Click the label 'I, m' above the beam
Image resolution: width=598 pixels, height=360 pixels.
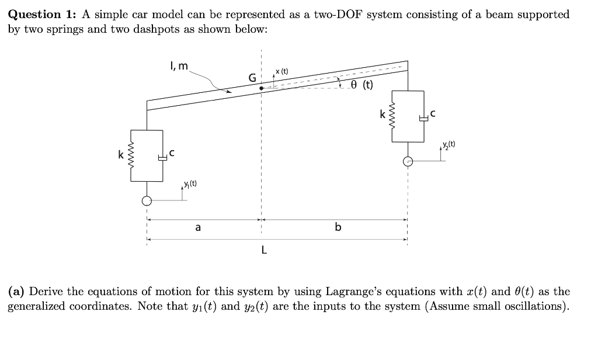pyautogui.click(x=179, y=66)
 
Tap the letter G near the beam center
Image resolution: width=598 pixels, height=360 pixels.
pyautogui.click(x=252, y=78)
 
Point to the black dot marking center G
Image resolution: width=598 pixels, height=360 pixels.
pyautogui.click(x=262, y=88)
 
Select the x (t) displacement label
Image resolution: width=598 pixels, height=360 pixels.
pyautogui.click(x=281, y=71)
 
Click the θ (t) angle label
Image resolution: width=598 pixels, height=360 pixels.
pyautogui.click(x=363, y=85)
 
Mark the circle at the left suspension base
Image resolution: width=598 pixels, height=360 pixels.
pyautogui.click(x=147, y=201)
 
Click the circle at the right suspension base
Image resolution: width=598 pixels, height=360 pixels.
pyautogui.click(x=408, y=162)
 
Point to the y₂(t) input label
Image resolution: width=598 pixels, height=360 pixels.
pyautogui.click(x=448, y=144)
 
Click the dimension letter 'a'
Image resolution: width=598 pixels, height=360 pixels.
pyautogui.click(x=198, y=228)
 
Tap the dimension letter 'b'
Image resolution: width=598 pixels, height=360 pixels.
pyautogui.click(x=338, y=228)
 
